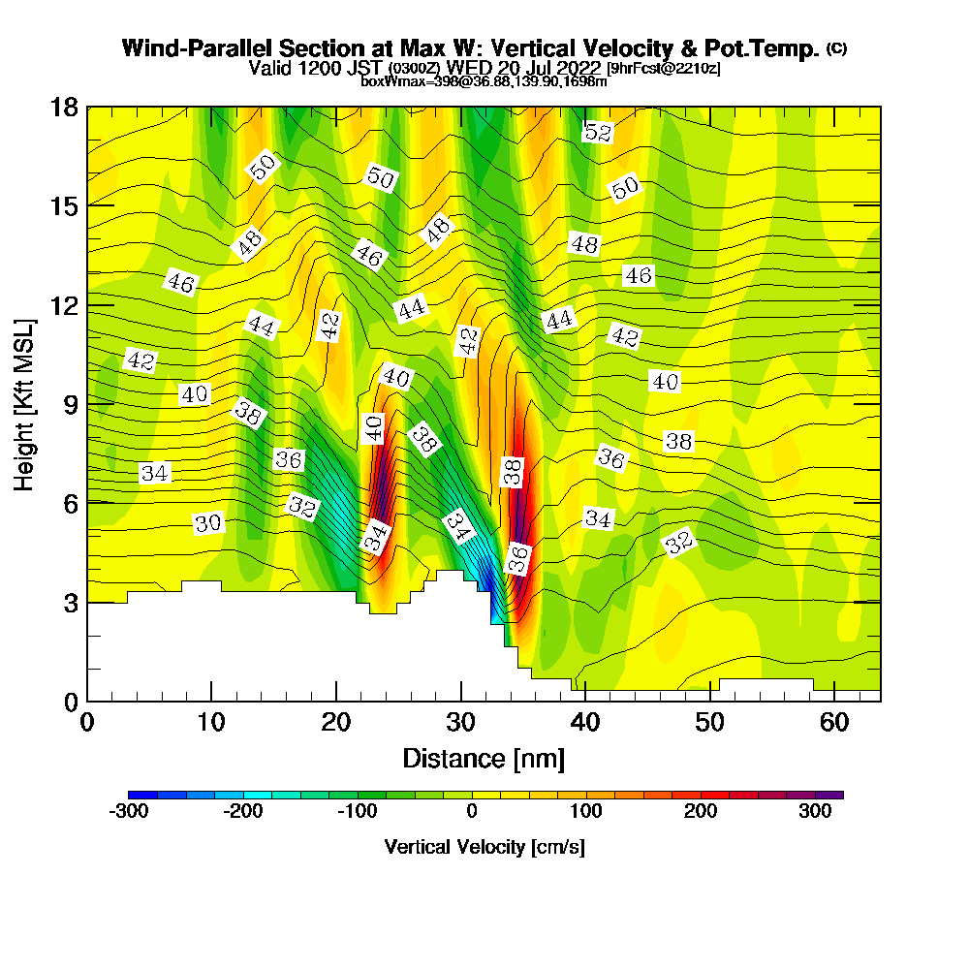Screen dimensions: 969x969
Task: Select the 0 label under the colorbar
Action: tap(472, 811)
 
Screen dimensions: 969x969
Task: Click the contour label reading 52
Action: tap(598, 133)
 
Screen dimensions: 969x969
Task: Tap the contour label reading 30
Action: tap(208, 523)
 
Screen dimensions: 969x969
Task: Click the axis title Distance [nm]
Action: tap(484, 757)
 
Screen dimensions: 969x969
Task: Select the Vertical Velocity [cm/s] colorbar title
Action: tap(484, 847)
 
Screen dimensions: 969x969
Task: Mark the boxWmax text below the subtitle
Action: tap(387, 81)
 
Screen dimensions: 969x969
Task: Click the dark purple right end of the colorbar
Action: tap(836, 795)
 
